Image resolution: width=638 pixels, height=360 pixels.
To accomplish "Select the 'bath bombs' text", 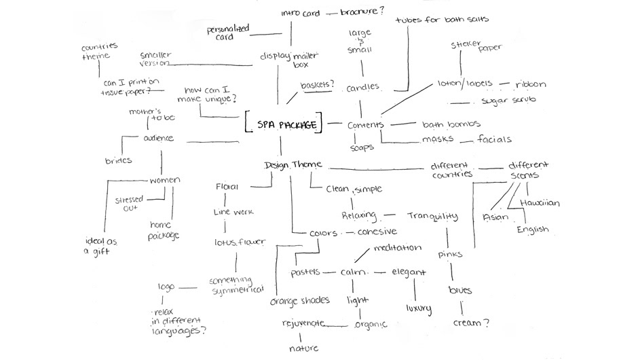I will (451, 124).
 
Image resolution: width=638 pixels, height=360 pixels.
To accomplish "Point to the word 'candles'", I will (363, 88).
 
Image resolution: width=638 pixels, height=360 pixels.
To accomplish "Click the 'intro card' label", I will (301, 13).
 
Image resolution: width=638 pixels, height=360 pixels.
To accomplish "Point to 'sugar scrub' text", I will (508, 101).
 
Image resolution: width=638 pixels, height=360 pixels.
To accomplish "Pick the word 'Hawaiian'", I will (540, 202).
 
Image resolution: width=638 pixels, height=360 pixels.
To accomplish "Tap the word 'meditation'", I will (397, 248).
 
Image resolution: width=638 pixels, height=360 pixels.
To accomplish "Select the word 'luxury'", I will (419, 308).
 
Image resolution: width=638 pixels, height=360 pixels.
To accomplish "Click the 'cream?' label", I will (471, 323).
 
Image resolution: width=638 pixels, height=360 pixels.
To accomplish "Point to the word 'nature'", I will (303, 348).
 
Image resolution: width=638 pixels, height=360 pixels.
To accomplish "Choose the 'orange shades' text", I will (299, 300).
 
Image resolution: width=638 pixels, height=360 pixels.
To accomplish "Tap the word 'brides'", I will (118, 160).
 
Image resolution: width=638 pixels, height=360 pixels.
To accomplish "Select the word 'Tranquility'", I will (433, 217).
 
